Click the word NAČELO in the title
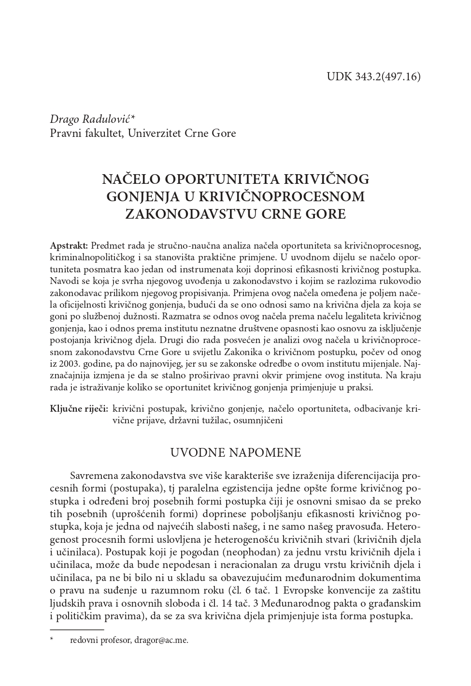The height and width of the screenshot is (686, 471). click(x=131, y=179)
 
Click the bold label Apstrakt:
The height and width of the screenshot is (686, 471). click(x=69, y=246)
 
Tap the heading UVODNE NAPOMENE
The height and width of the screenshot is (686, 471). click(x=235, y=453)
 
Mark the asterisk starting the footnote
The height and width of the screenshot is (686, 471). click(x=52, y=640)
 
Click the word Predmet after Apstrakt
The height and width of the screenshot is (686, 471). click(x=107, y=246)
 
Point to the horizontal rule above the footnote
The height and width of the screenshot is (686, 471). click(x=77, y=630)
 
